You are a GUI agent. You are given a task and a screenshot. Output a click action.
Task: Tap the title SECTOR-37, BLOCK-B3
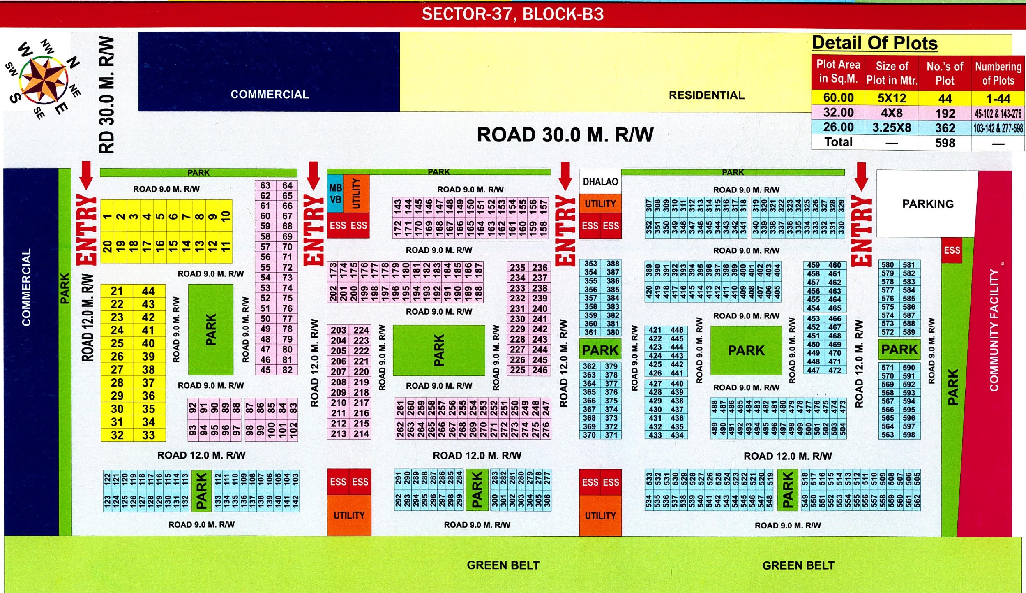[x=513, y=14]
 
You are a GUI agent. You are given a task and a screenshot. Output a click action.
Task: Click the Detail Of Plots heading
[x=875, y=43]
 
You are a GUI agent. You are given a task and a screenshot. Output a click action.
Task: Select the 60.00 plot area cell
[x=838, y=98]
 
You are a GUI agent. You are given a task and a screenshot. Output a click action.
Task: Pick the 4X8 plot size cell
[x=891, y=113]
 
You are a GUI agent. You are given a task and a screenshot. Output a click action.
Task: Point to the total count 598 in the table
[x=945, y=143]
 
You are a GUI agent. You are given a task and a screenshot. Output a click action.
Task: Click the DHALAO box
[x=600, y=182]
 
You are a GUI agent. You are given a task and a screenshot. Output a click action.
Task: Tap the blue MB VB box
[x=335, y=194]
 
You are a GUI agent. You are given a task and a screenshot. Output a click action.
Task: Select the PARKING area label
[x=928, y=204]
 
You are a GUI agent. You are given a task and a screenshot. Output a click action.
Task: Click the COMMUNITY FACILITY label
[x=994, y=330]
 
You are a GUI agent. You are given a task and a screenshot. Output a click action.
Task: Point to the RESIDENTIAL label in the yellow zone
[x=706, y=95]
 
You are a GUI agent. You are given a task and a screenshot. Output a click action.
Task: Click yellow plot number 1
[x=107, y=216]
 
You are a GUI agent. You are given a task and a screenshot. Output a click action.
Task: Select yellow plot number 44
[x=149, y=291]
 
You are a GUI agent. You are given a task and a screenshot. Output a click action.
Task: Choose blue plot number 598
[x=909, y=435]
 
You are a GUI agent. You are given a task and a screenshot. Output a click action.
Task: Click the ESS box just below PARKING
[x=952, y=250]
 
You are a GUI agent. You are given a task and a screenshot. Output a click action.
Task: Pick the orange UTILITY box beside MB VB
[x=356, y=194]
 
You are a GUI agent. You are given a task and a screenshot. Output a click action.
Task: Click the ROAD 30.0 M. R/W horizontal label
[x=565, y=135]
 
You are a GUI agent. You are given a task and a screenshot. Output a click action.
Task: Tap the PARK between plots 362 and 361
[x=600, y=350]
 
